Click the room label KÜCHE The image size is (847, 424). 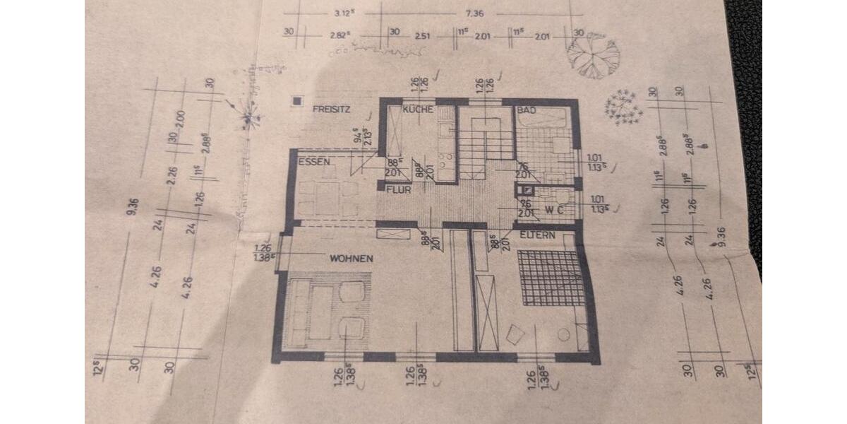(417, 110)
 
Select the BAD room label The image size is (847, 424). (527, 111)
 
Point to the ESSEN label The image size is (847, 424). (315, 162)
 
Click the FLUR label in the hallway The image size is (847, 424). (399, 189)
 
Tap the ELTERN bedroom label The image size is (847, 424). (539, 235)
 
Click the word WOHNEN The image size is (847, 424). (351, 259)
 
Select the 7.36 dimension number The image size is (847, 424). (474, 13)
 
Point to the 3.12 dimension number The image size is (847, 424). (344, 13)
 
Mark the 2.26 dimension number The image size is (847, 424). (171, 174)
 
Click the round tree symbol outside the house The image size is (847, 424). (593, 55)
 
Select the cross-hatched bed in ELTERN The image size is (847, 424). (551, 277)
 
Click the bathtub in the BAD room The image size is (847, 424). (541, 119)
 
